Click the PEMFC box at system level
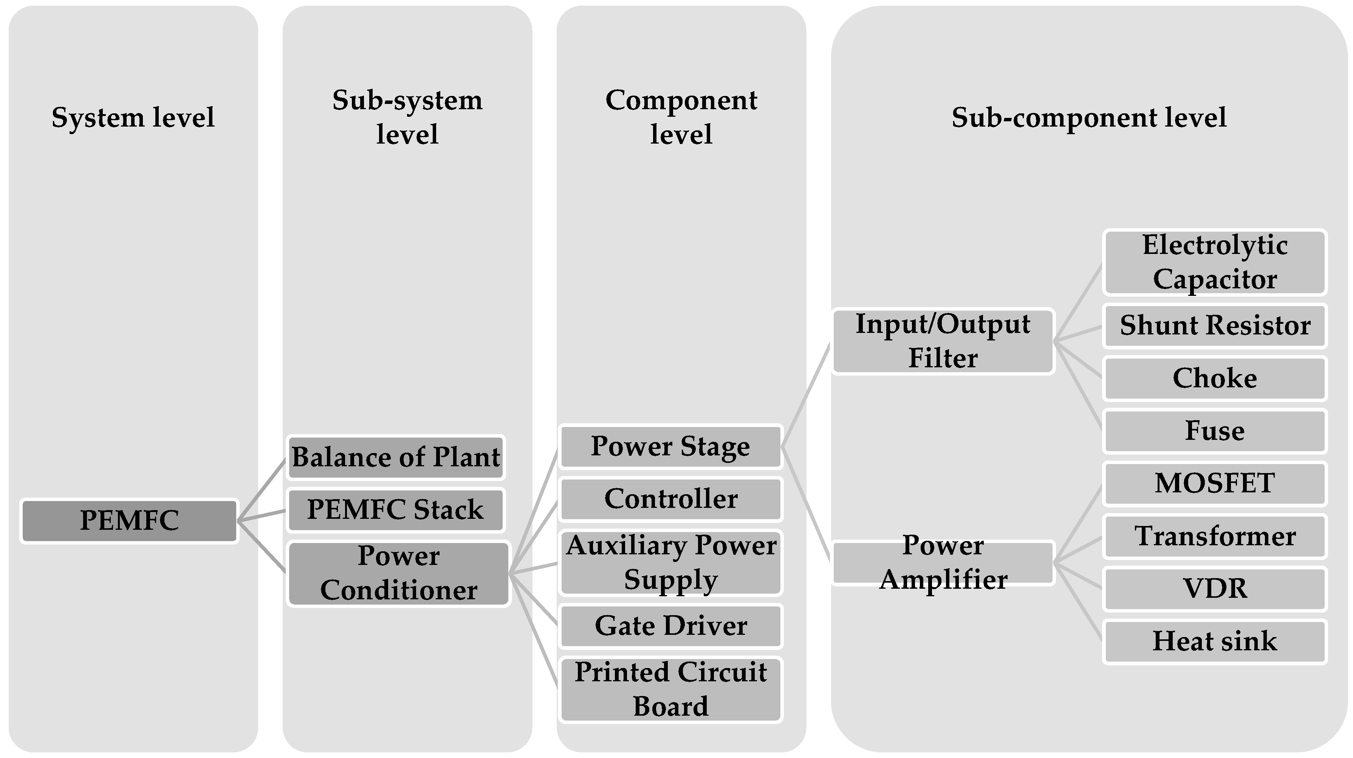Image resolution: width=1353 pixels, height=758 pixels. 129,521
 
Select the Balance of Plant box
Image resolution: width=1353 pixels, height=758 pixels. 396,457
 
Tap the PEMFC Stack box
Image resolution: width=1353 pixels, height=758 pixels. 396,509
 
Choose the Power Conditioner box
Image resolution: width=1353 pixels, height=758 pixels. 399,573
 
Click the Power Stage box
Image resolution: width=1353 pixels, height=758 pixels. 671,447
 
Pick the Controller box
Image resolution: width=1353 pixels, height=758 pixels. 671,499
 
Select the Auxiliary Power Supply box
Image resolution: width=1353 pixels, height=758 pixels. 671,563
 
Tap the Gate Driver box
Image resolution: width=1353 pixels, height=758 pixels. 671,626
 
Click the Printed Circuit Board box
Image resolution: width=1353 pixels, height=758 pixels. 671,689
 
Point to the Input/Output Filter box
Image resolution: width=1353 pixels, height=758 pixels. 943,341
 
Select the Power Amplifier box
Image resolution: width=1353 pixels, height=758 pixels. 943,563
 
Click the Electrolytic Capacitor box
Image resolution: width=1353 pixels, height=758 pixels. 1215,262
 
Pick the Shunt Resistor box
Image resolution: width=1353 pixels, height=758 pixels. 1215,326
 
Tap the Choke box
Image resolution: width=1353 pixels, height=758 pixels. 1215,378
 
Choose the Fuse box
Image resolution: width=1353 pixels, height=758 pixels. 1215,431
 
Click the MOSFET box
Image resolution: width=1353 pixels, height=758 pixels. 1215,483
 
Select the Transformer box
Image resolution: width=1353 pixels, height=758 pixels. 1215,536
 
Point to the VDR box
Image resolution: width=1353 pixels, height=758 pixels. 1215,589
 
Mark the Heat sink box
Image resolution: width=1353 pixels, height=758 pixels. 1215,641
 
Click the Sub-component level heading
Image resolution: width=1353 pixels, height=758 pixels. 1089,117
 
